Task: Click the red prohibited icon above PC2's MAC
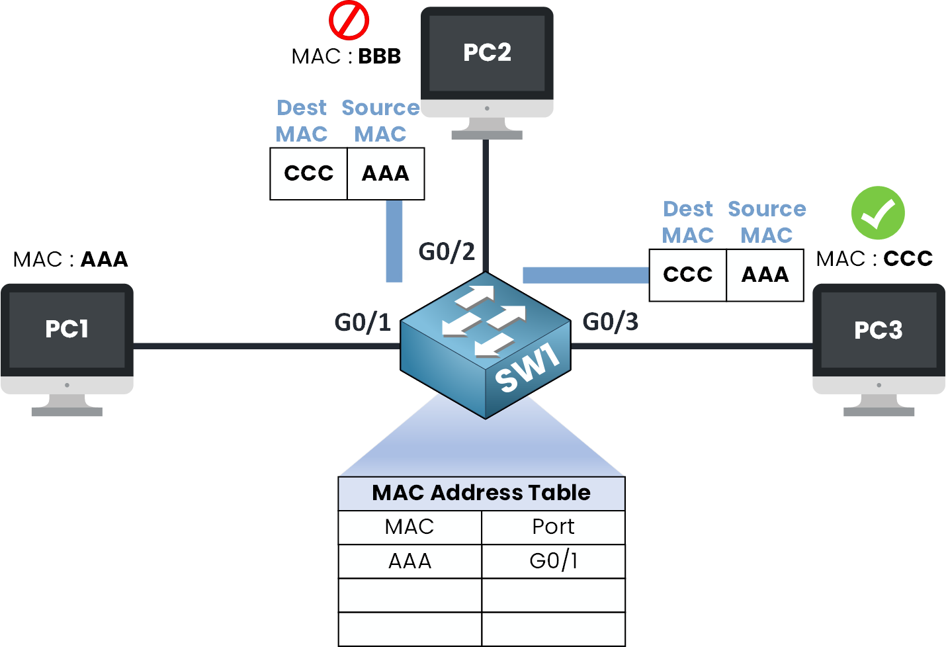pos(349,21)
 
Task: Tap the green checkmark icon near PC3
pos(878,213)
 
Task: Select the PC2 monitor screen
pos(487,53)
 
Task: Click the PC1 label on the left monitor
pos(67,329)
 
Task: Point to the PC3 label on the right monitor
pos(878,330)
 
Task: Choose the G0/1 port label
pos(363,322)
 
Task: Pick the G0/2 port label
pos(447,251)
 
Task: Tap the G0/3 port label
pos(610,322)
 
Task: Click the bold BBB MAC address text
pos(379,56)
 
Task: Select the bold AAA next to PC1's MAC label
pos(104,259)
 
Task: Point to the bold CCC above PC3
pos(908,259)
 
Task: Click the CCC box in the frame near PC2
pos(308,173)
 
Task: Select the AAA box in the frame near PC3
pos(765,275)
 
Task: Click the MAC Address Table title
pos(481,493)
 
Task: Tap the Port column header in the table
pos(553,527)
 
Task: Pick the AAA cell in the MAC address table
pos(409,561)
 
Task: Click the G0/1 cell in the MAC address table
pos(553,561)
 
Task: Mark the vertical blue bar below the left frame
pos(394,241)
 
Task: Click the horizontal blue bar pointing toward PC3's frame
pos(585,275)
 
